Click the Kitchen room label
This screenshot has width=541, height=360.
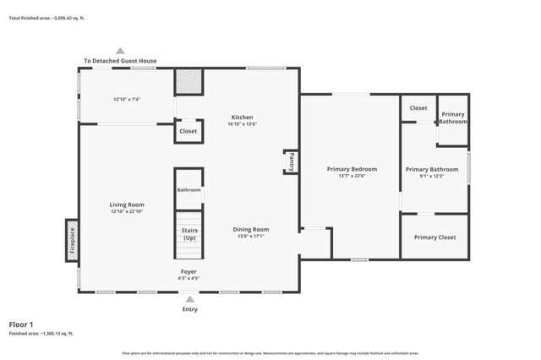click(243, 117)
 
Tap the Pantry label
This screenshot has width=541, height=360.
click(289, 161)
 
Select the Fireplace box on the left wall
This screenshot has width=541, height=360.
click(73, 241)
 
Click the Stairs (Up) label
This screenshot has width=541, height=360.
click(189, 233)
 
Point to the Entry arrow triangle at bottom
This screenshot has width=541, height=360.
click(189, 298)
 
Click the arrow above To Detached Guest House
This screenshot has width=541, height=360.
click(121, 51)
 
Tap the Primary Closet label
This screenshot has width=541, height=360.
click(434, 237)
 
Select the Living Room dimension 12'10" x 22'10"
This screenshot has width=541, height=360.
click(127, 212)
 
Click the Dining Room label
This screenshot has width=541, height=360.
click(251, 229)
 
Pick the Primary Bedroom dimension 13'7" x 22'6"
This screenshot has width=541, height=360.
click(352, 177)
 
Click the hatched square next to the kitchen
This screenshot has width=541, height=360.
click(189, 83)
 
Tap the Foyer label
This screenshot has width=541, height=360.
click(189, 271)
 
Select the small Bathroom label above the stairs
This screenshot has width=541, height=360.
click(189, 190)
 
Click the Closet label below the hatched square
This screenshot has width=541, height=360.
click(188, 131)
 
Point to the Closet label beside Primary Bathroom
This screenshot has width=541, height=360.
click(418, 108)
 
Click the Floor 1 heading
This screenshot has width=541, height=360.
click(21, 325)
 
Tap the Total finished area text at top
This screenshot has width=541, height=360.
click(46, 17)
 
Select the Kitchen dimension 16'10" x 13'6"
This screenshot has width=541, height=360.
click(242, 125)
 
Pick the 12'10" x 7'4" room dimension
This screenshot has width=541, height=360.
click(126, 100)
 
